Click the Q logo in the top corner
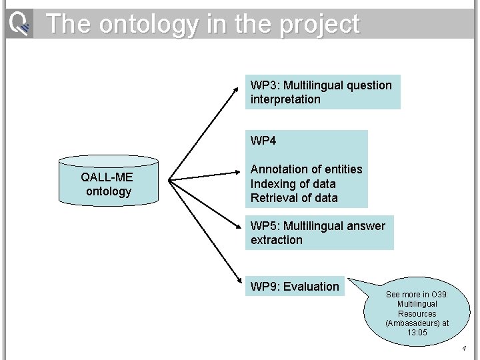19,25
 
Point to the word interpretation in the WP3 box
285,99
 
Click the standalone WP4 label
264,141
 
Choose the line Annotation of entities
306,169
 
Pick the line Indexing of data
293,183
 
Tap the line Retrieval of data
294,198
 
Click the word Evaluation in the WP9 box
311,287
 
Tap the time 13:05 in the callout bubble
417,333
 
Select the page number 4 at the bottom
464,349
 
